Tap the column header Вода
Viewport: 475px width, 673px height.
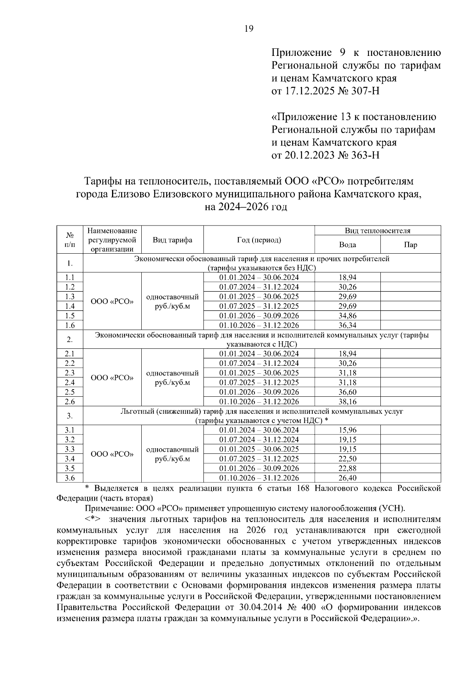tap(347, 245)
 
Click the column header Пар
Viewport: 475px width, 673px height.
tap(410, 245)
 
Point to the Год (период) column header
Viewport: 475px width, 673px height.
tap(259, 240)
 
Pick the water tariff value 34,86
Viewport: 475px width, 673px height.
tap(347, 316)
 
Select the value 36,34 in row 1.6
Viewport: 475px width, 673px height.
tap(347, 325)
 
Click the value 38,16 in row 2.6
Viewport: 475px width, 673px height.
tap(347, 402)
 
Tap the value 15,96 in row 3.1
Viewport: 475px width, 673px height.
tap(347, 430)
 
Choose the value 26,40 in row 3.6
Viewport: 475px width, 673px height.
tap(347, 478)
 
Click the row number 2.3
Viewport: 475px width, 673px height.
tap(70, 373)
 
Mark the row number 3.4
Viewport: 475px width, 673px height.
tap(70, 459)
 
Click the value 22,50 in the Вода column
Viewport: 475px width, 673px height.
tap(347, 459)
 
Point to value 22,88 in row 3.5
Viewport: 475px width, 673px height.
tap(347, 468)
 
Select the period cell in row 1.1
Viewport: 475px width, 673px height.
tap(259, 277)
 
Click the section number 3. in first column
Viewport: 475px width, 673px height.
tap(70, 416)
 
